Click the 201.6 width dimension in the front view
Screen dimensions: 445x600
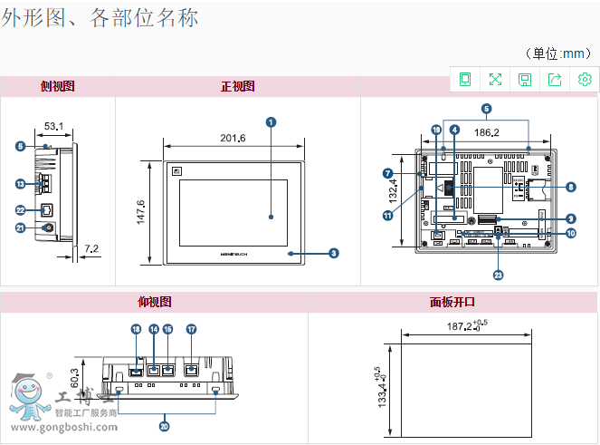(x=233, y=138)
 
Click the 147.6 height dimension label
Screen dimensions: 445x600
(x=141, y=214)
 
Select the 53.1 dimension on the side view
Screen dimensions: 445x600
(x=53, y=124)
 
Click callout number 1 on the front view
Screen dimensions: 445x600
(x=271, y=121)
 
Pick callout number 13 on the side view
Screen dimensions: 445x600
(x=20, y=184)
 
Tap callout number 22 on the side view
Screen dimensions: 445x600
(x=20, y=209)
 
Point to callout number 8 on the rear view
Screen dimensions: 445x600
(x=571, y=188)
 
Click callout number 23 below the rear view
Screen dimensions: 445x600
(x=498, y=275)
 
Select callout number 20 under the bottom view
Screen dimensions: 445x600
(x=164, y=426)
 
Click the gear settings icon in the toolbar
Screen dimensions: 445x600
(x=585, y=80)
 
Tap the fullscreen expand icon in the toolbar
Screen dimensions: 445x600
(x=495, y=80)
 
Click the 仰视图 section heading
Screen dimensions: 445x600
(x=154, y=302)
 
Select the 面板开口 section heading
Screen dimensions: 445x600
(x=452, y=302)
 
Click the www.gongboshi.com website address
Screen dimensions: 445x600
(x=63, y=426)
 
